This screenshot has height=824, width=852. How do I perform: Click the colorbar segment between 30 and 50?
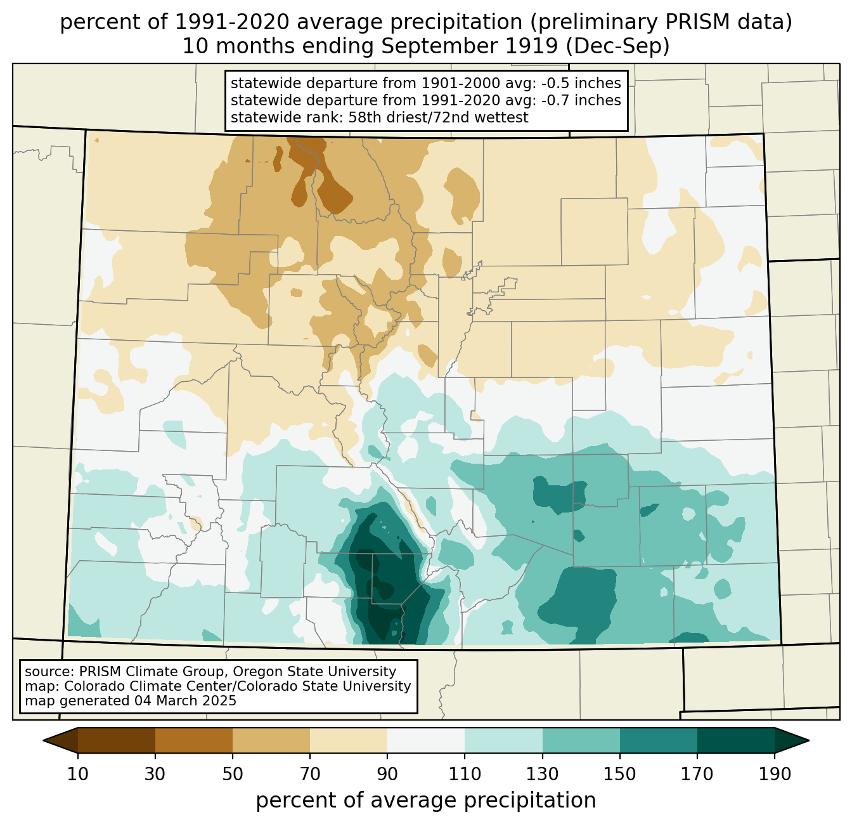pos(193,740)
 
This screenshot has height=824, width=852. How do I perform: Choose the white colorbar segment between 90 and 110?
pos(426,740)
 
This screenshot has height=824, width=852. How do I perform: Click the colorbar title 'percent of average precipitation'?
pos(425,801)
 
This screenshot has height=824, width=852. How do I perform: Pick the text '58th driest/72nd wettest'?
pos(438,117)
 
